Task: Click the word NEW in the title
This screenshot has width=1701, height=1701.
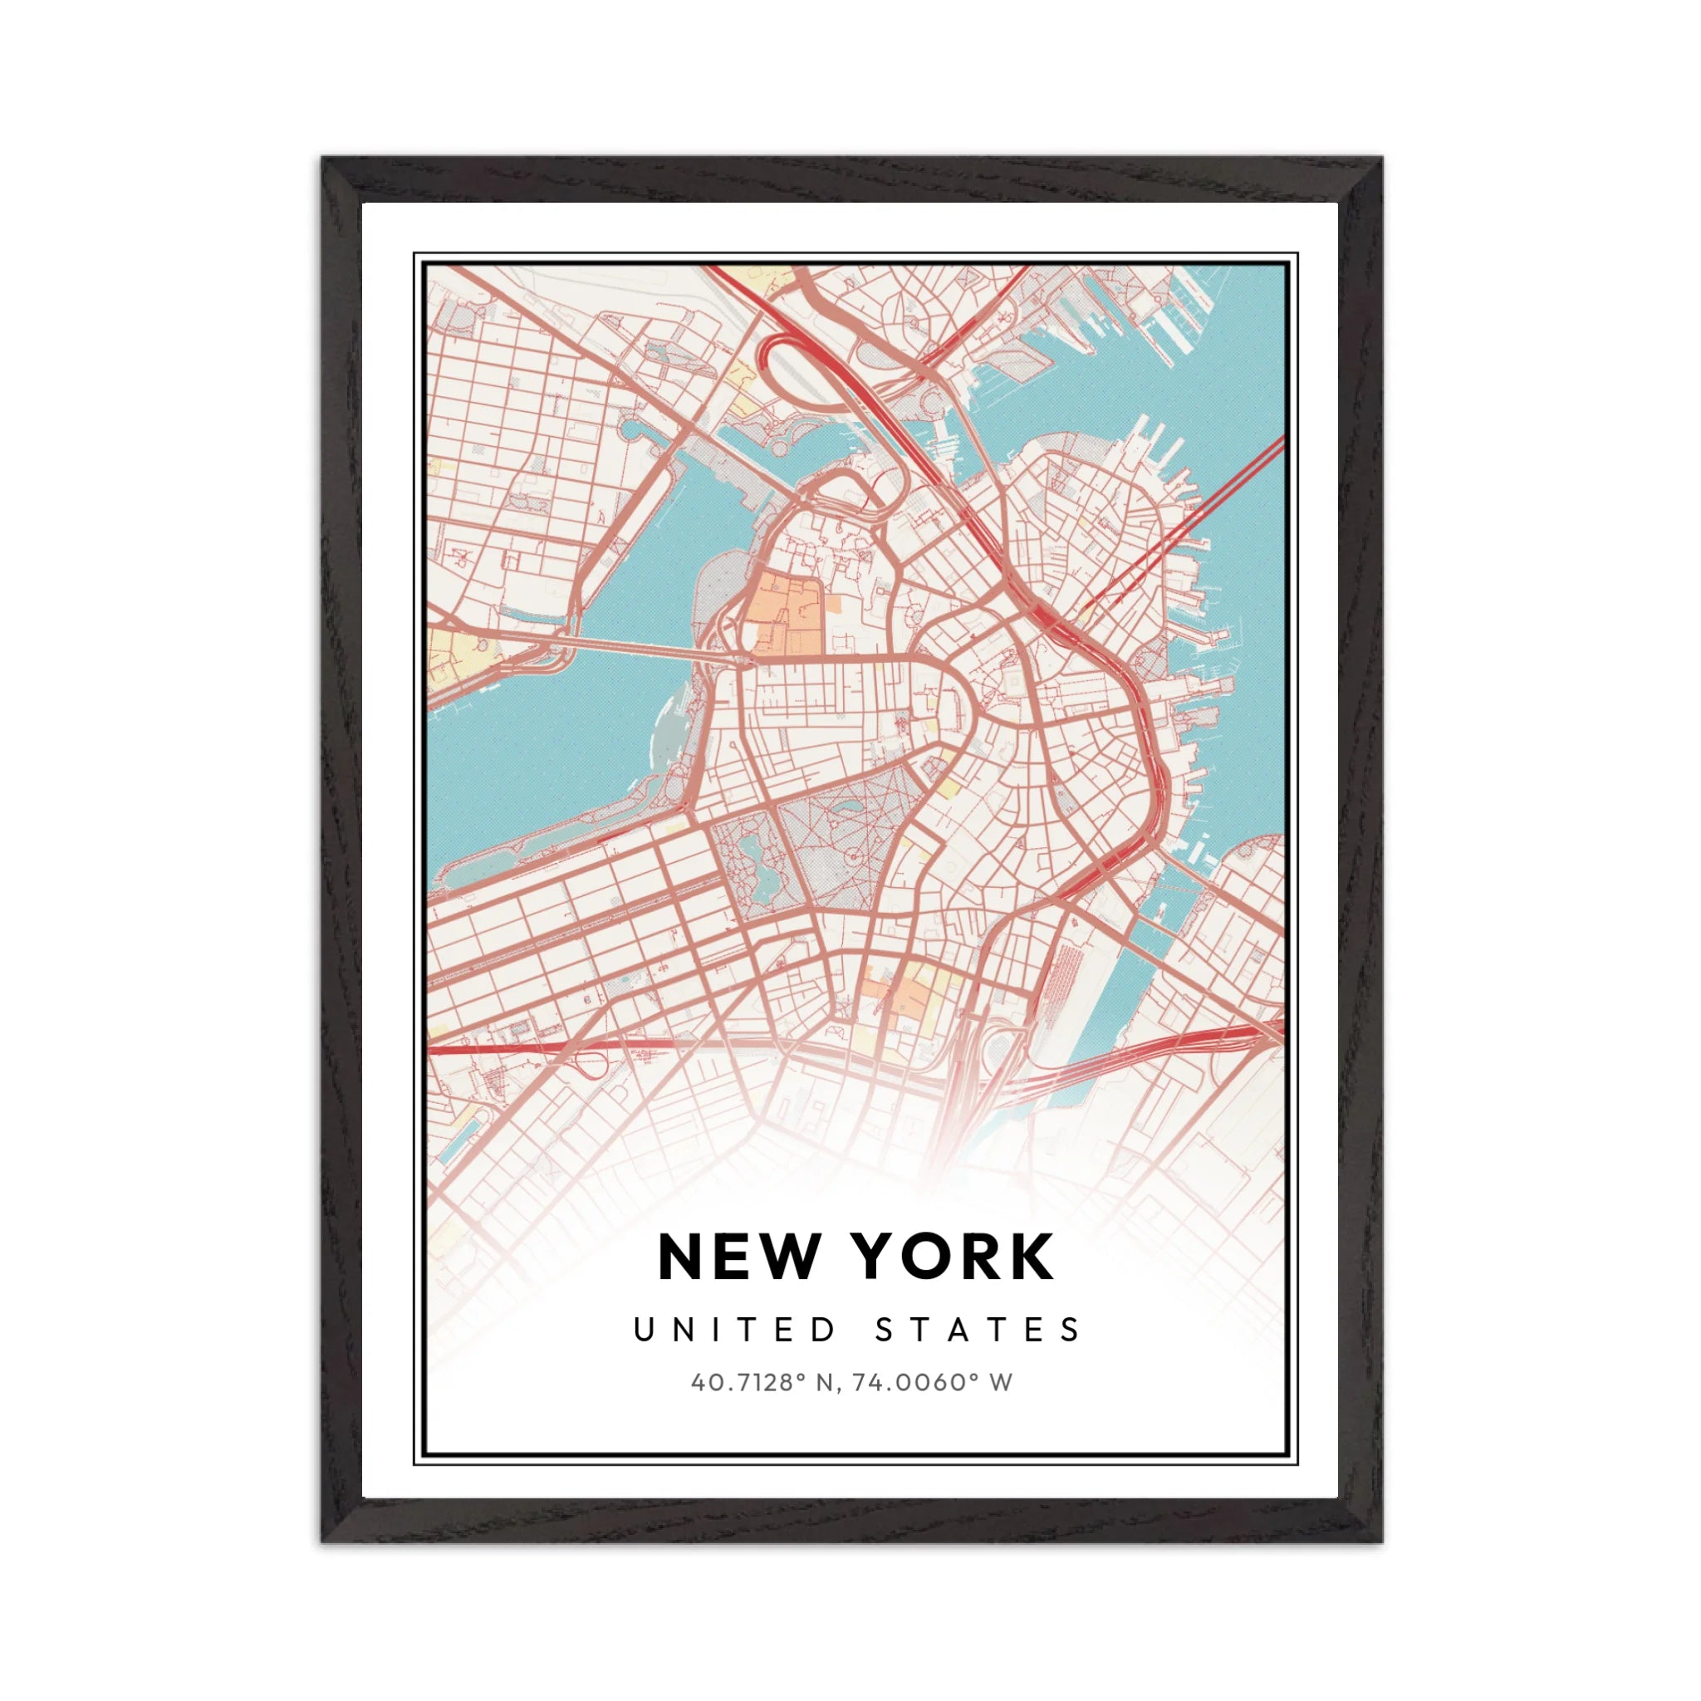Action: pyautogui.click(x=738, y=1257)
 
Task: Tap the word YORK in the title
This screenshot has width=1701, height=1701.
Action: pyautogui.click(x=955, y=1257)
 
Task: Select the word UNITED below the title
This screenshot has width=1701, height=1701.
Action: pyautogui.click(x=735, y=1330)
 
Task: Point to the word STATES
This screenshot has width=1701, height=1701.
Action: pyautogui.click(x=978, y=1330)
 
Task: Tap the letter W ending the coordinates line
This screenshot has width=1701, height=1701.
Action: pyautogui.click(x=1001, y=1382)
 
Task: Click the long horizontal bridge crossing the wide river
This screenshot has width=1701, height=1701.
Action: pyautogui.click(x=643, y=649)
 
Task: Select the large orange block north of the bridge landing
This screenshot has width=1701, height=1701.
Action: pyautogui.click(x=783, y=612)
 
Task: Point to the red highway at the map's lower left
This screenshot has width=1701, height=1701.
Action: pyautogui.click(x=511, y=1047)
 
